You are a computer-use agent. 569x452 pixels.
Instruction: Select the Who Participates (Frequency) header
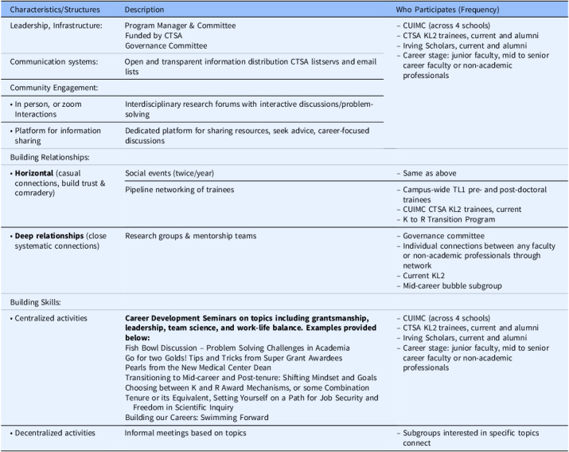(x=444, y=10)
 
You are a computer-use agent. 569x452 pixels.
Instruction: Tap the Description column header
(x=145, y=10)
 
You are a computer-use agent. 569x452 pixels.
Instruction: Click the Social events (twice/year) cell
(x=169, y=173)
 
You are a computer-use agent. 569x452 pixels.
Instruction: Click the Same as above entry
(x=431, y=173)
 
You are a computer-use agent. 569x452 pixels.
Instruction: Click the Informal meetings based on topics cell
(x=185, y=433)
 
